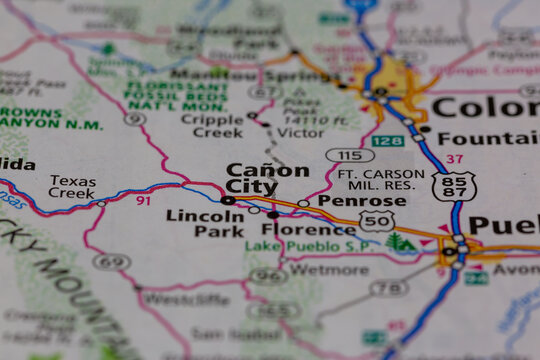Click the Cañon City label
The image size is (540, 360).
click(x=267, y=178)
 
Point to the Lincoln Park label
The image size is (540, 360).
click(x=204, y=222)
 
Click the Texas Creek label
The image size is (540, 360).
click(x=73, y=187)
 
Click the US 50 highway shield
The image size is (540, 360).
click(x=376, y=221)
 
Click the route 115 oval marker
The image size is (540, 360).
click(x=349, y=155)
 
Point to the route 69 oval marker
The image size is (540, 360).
click(x=112, y=262)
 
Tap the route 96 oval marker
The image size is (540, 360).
click(x=268, y=276)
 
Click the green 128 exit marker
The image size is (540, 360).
click(x=387, y=141)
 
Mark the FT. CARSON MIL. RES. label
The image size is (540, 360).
click(x=375, y=179)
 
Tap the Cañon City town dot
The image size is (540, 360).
click(x=228, y=201)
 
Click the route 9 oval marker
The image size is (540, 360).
click(x=134, y=119)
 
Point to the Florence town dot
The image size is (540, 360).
click(x=272, y=214)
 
